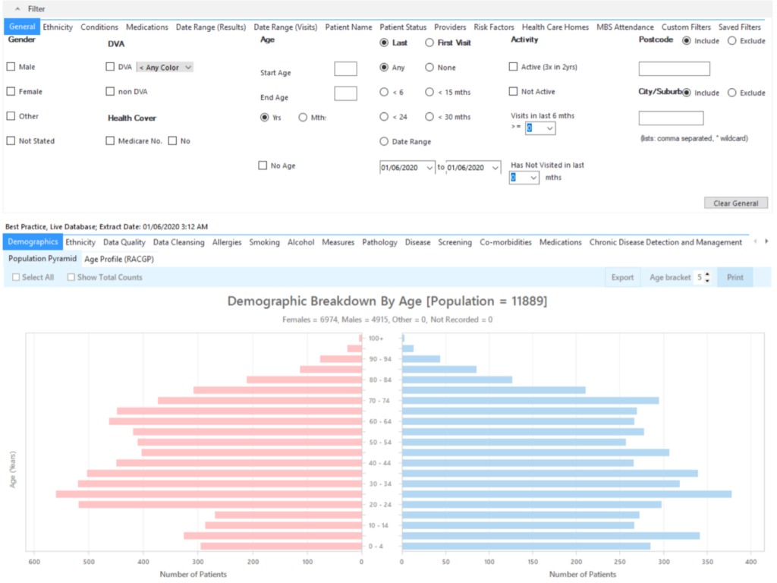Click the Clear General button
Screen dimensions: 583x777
[735, 203]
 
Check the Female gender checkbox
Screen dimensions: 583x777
[11, 92]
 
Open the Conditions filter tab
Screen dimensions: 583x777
[99, 27]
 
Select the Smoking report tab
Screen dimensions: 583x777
[264, 242]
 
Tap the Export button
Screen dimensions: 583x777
[622, 277]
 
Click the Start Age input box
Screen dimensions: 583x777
[345, 69]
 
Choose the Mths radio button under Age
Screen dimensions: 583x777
[304, 118]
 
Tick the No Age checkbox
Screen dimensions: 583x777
[263, 165]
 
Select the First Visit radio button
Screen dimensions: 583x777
[429, 43]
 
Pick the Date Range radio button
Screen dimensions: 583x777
[384, 142]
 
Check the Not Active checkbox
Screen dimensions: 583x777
[514, 92]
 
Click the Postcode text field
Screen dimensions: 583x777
[674, 69]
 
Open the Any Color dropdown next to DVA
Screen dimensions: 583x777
[165, 68]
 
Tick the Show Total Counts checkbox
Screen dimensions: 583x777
[72, 278]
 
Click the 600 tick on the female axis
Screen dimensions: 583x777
[34, 563]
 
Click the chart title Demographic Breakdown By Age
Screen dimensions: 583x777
[387, 302]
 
